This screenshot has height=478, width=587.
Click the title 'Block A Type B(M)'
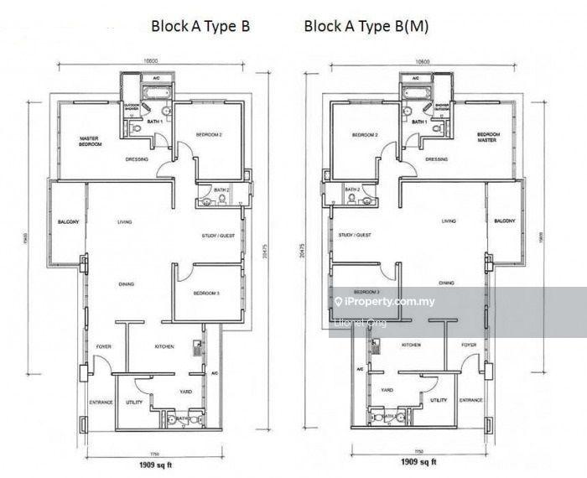tap(366, 26)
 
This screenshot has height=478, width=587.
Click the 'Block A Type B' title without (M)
tap(200, 26)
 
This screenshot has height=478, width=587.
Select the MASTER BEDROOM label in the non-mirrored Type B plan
tap(91, 141)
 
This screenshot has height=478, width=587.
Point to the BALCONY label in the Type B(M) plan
tap(505, 221)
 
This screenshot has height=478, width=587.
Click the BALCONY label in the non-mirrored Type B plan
tap(69, 221)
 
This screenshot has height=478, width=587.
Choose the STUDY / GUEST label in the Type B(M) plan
tap(356, 236)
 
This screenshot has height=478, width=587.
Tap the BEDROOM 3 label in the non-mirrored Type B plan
tap(207, 293)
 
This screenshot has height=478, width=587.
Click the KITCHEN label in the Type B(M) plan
tap(411, 345)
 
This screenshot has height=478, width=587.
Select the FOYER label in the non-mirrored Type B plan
tap(103, 345)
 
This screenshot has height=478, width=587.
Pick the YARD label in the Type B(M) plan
tap(387, 390)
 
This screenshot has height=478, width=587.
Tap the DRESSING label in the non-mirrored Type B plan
tap(137, 158)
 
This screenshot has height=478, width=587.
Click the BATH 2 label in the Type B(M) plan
tap(353, 190)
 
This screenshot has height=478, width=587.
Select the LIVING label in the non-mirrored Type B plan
tap(125, 221)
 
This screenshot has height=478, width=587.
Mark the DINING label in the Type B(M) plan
tap(447, 283)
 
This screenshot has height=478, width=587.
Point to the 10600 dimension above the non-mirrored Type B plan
tap(152, 61)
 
